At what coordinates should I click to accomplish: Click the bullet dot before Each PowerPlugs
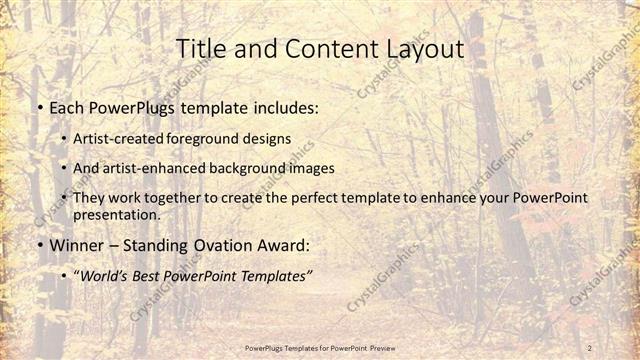tap(39, 105)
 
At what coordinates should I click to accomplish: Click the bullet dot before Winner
tap(39, 245)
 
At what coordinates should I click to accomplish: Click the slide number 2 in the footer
tap(591, 347)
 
